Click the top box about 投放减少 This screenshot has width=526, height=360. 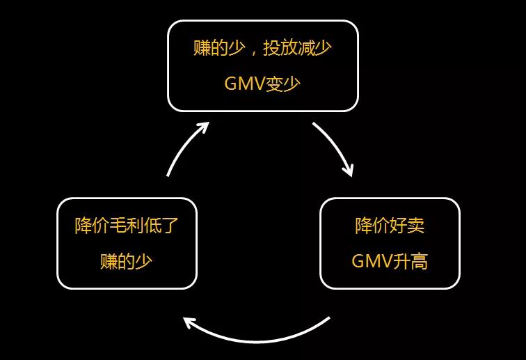pyautogui.click(x=263, y=65)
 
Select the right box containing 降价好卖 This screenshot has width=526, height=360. pyautogui.click(x=390, y=243)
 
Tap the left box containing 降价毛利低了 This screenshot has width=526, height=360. pyautogui.click(x=127, y=243)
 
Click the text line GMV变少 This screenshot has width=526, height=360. pyautogui.click(x=263, y=84)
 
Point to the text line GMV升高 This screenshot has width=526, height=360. pyautogui.click(x=390, y=261)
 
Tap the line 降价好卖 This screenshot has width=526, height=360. pyautogui.click(x=390, y=226)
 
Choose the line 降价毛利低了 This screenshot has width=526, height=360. pyautogui.click(x=127, y=226)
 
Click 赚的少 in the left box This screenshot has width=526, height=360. pyautogui.click(x=127, y=261)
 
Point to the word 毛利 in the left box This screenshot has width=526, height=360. pyautogui.click(x=127, y=226)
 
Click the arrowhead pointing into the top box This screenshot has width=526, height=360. pyautogui.click(x=203, y=127)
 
